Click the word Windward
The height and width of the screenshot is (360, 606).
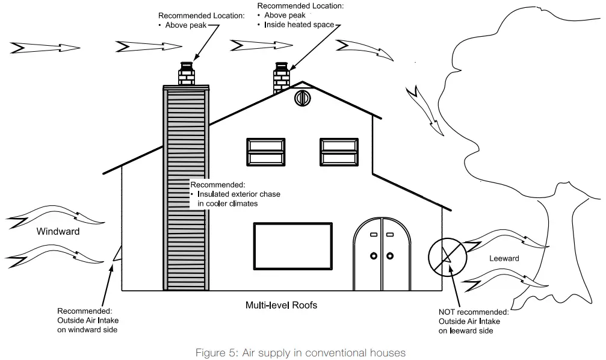click(58, 231)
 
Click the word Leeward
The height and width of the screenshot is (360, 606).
click(503, 258)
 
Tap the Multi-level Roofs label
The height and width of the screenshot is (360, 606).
click(281, 305)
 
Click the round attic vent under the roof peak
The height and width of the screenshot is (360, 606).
click(302, 98)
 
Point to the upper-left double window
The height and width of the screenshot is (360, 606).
click(268, 153)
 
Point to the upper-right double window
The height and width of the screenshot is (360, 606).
click(341, 153)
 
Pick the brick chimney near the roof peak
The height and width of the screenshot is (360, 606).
click(281, 78)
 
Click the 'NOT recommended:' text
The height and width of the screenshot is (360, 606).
click(474, 312)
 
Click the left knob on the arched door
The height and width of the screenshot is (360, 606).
click(373, 255)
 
